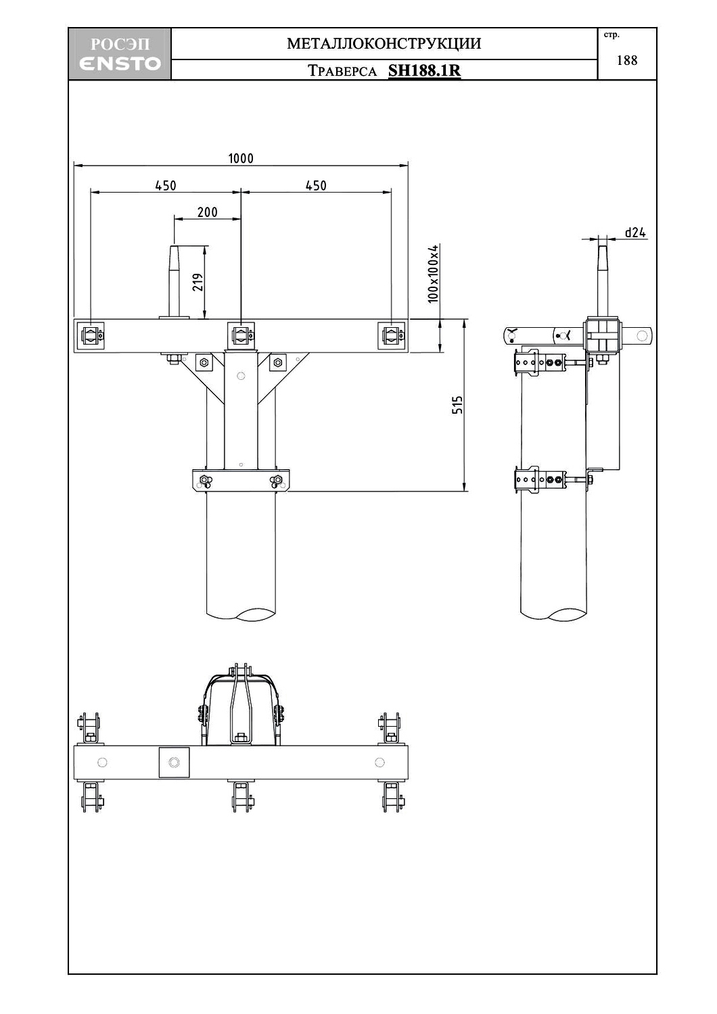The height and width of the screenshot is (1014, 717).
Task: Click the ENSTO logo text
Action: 120,64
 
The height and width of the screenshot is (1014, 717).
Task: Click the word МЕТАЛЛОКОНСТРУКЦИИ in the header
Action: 384,44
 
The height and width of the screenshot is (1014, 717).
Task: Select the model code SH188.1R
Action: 424,70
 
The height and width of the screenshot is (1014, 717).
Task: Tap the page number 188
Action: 627,60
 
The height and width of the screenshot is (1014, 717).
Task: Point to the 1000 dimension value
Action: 241,158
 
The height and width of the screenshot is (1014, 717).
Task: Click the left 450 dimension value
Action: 166,185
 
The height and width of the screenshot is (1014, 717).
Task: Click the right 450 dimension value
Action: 316,185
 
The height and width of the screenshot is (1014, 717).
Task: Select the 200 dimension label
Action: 207,212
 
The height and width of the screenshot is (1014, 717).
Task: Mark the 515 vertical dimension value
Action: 458,405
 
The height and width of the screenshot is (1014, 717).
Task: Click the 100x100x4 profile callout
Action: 434,274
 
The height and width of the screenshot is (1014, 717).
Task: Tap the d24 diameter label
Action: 635,233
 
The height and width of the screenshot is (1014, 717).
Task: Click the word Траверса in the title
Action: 342,71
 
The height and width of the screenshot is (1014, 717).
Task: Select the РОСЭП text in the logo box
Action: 120,45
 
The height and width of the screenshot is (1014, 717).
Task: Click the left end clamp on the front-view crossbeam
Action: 91,335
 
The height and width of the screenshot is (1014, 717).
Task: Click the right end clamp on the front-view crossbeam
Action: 392,335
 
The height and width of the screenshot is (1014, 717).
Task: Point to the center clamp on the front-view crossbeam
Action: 241,335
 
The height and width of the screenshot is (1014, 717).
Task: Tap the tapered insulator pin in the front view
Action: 174,281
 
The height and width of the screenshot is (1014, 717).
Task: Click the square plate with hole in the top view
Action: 174,763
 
